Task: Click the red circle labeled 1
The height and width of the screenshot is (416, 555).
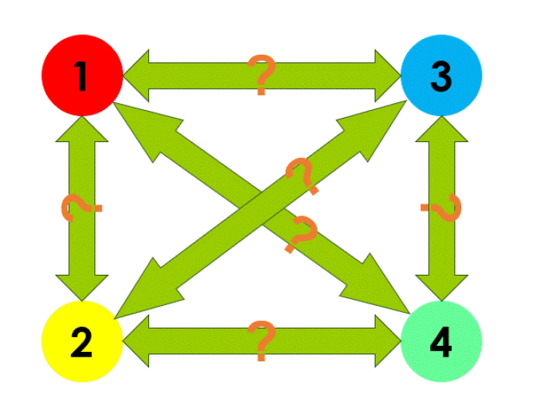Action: (x=82, y=76)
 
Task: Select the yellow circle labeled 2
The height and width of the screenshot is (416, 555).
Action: (x=82, y=341)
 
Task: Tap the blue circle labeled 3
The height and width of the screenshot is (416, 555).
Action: (x=441, y=76)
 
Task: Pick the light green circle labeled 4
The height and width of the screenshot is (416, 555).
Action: (x=441, y=341)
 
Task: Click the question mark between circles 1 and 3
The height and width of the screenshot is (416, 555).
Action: (x=261, y=75)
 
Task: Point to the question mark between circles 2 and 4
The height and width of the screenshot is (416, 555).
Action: (x=261, y=341)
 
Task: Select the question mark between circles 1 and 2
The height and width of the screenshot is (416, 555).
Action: (x=80, y=208)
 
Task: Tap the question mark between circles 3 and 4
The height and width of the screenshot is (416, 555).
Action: (x=442, y=208)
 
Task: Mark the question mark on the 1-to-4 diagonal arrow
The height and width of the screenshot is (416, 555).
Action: (x=301, y=234)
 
